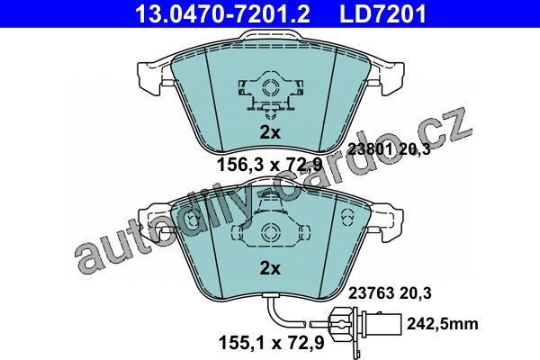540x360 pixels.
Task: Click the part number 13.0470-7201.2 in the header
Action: [x=223, y=13]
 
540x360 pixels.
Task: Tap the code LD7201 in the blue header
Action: [x=383, y=13]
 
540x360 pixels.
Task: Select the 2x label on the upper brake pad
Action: [x=270, y=132]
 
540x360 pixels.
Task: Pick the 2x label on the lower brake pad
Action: [x=270, y=268]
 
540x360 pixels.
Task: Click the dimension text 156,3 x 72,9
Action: [x=269, y=165]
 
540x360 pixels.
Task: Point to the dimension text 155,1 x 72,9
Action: [x=272, y=343]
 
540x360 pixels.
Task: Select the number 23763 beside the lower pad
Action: [x=372, y=293]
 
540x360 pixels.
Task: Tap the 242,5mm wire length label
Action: [x=443, y=324]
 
